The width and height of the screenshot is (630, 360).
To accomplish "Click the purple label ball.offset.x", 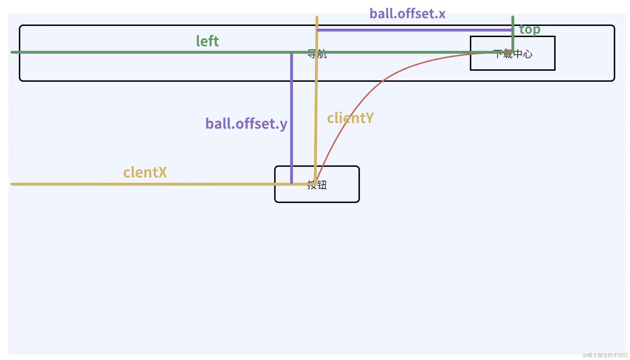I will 407,14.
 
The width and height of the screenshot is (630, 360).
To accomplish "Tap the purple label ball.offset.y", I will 246,124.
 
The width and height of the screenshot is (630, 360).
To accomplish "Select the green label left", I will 207,41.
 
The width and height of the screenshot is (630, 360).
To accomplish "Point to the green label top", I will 530,29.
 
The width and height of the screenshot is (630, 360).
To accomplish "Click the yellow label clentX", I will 145,172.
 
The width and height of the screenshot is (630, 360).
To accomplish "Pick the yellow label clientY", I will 350,118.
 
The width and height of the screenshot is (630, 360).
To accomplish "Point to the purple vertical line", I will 291,120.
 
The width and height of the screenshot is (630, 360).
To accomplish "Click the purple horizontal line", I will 413,30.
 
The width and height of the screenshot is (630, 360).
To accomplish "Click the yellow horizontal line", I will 143,184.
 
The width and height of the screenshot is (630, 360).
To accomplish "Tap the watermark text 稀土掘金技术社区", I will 605,355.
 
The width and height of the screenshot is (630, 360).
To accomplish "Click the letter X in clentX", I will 162,172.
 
